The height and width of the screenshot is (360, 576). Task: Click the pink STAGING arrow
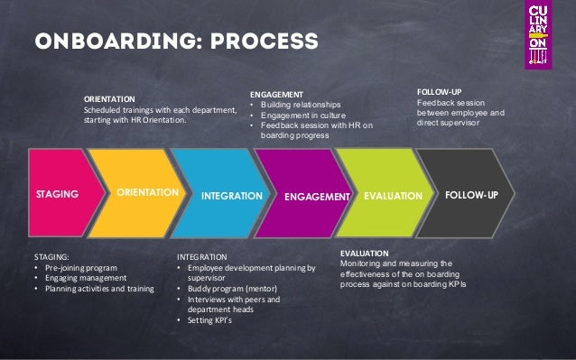pos(59,193)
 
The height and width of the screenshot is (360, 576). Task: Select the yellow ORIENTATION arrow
pos(144,193)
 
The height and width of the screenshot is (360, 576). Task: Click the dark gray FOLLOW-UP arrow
pos(474,193)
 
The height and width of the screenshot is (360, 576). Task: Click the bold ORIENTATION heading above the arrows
pos(109,98)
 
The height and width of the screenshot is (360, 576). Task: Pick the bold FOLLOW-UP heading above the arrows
pos(438,91)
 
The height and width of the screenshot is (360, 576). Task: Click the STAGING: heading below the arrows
pos(51,257)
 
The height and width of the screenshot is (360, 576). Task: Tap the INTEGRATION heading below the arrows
pos(202,257)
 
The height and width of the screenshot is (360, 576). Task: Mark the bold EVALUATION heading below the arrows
pos(365,253)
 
